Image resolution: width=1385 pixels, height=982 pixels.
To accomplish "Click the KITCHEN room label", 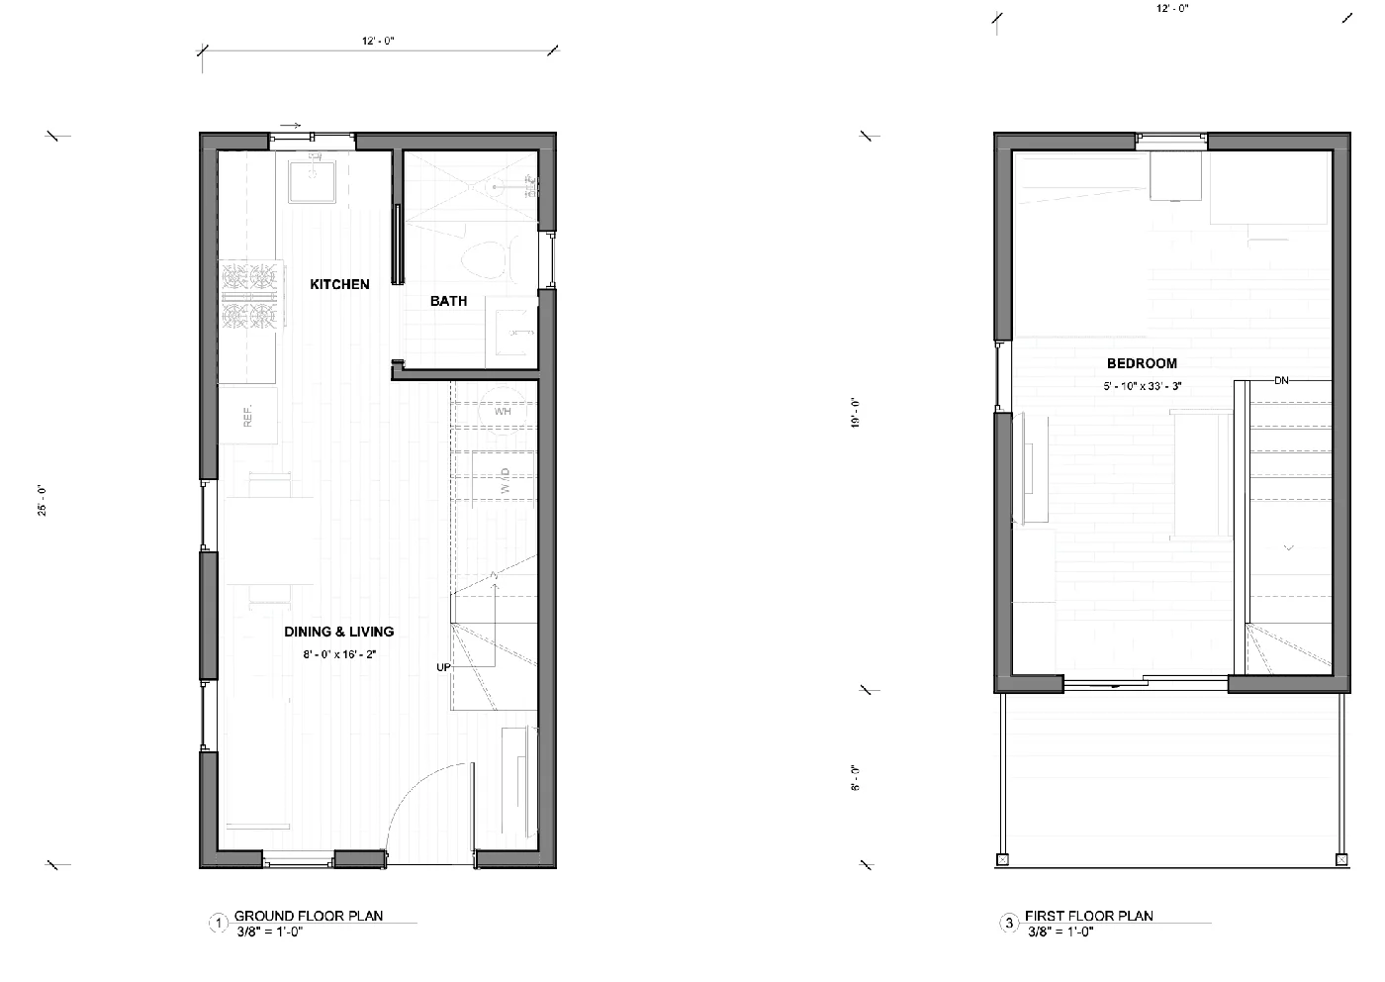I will click(x=339, y=285).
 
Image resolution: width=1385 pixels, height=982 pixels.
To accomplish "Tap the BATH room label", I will click(x=448, y=301).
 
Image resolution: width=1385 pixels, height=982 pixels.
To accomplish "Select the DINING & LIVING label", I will click(x=338, y=632).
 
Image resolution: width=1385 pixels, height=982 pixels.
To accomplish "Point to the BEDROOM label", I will click(x=1142, y=363).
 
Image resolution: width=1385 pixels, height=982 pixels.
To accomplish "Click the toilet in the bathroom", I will click(x=484, y=258).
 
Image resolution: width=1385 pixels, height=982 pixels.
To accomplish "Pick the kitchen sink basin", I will click(x=312, y=180).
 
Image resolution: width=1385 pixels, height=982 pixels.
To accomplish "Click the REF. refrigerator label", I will click(x=247, y=416).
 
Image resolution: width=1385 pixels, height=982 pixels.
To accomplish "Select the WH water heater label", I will click(x=503, y=411).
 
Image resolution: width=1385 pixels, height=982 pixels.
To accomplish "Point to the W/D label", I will click(x=505, y=482).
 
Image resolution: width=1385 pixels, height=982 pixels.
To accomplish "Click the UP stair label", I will click(x=443, y=667).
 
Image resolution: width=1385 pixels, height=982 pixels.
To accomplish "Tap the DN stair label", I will click(x=1281, y=380).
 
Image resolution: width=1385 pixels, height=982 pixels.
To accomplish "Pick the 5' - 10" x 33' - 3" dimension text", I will click(x=1142, y=386).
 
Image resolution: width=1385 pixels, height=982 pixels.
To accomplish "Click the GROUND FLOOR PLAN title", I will click(x=309, y=916).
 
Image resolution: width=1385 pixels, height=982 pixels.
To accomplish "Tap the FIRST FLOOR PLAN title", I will click(x=1088, y=916).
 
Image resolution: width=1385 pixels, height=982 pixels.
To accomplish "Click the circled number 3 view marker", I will click(x=1009, y=924).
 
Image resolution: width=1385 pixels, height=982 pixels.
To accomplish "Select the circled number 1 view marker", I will click(x=219, y=924).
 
